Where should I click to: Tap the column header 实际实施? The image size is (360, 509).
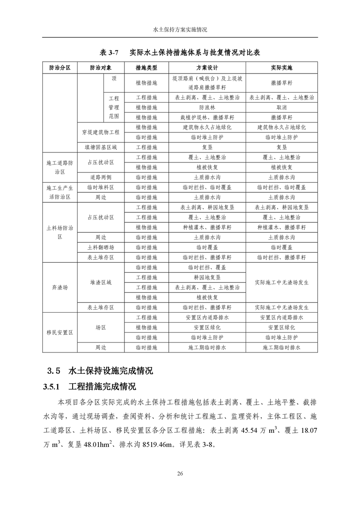(281, 68)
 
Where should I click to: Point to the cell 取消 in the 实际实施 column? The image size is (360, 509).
(281, 108)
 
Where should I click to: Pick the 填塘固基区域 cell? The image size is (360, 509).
(101, 147)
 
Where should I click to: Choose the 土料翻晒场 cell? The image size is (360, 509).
(101, 247)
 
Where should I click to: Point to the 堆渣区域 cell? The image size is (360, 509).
(101, 282)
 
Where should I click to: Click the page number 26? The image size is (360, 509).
(180, 474)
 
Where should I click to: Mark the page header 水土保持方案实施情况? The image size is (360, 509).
(180, 29)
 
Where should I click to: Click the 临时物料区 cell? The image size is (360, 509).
(101, 187)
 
